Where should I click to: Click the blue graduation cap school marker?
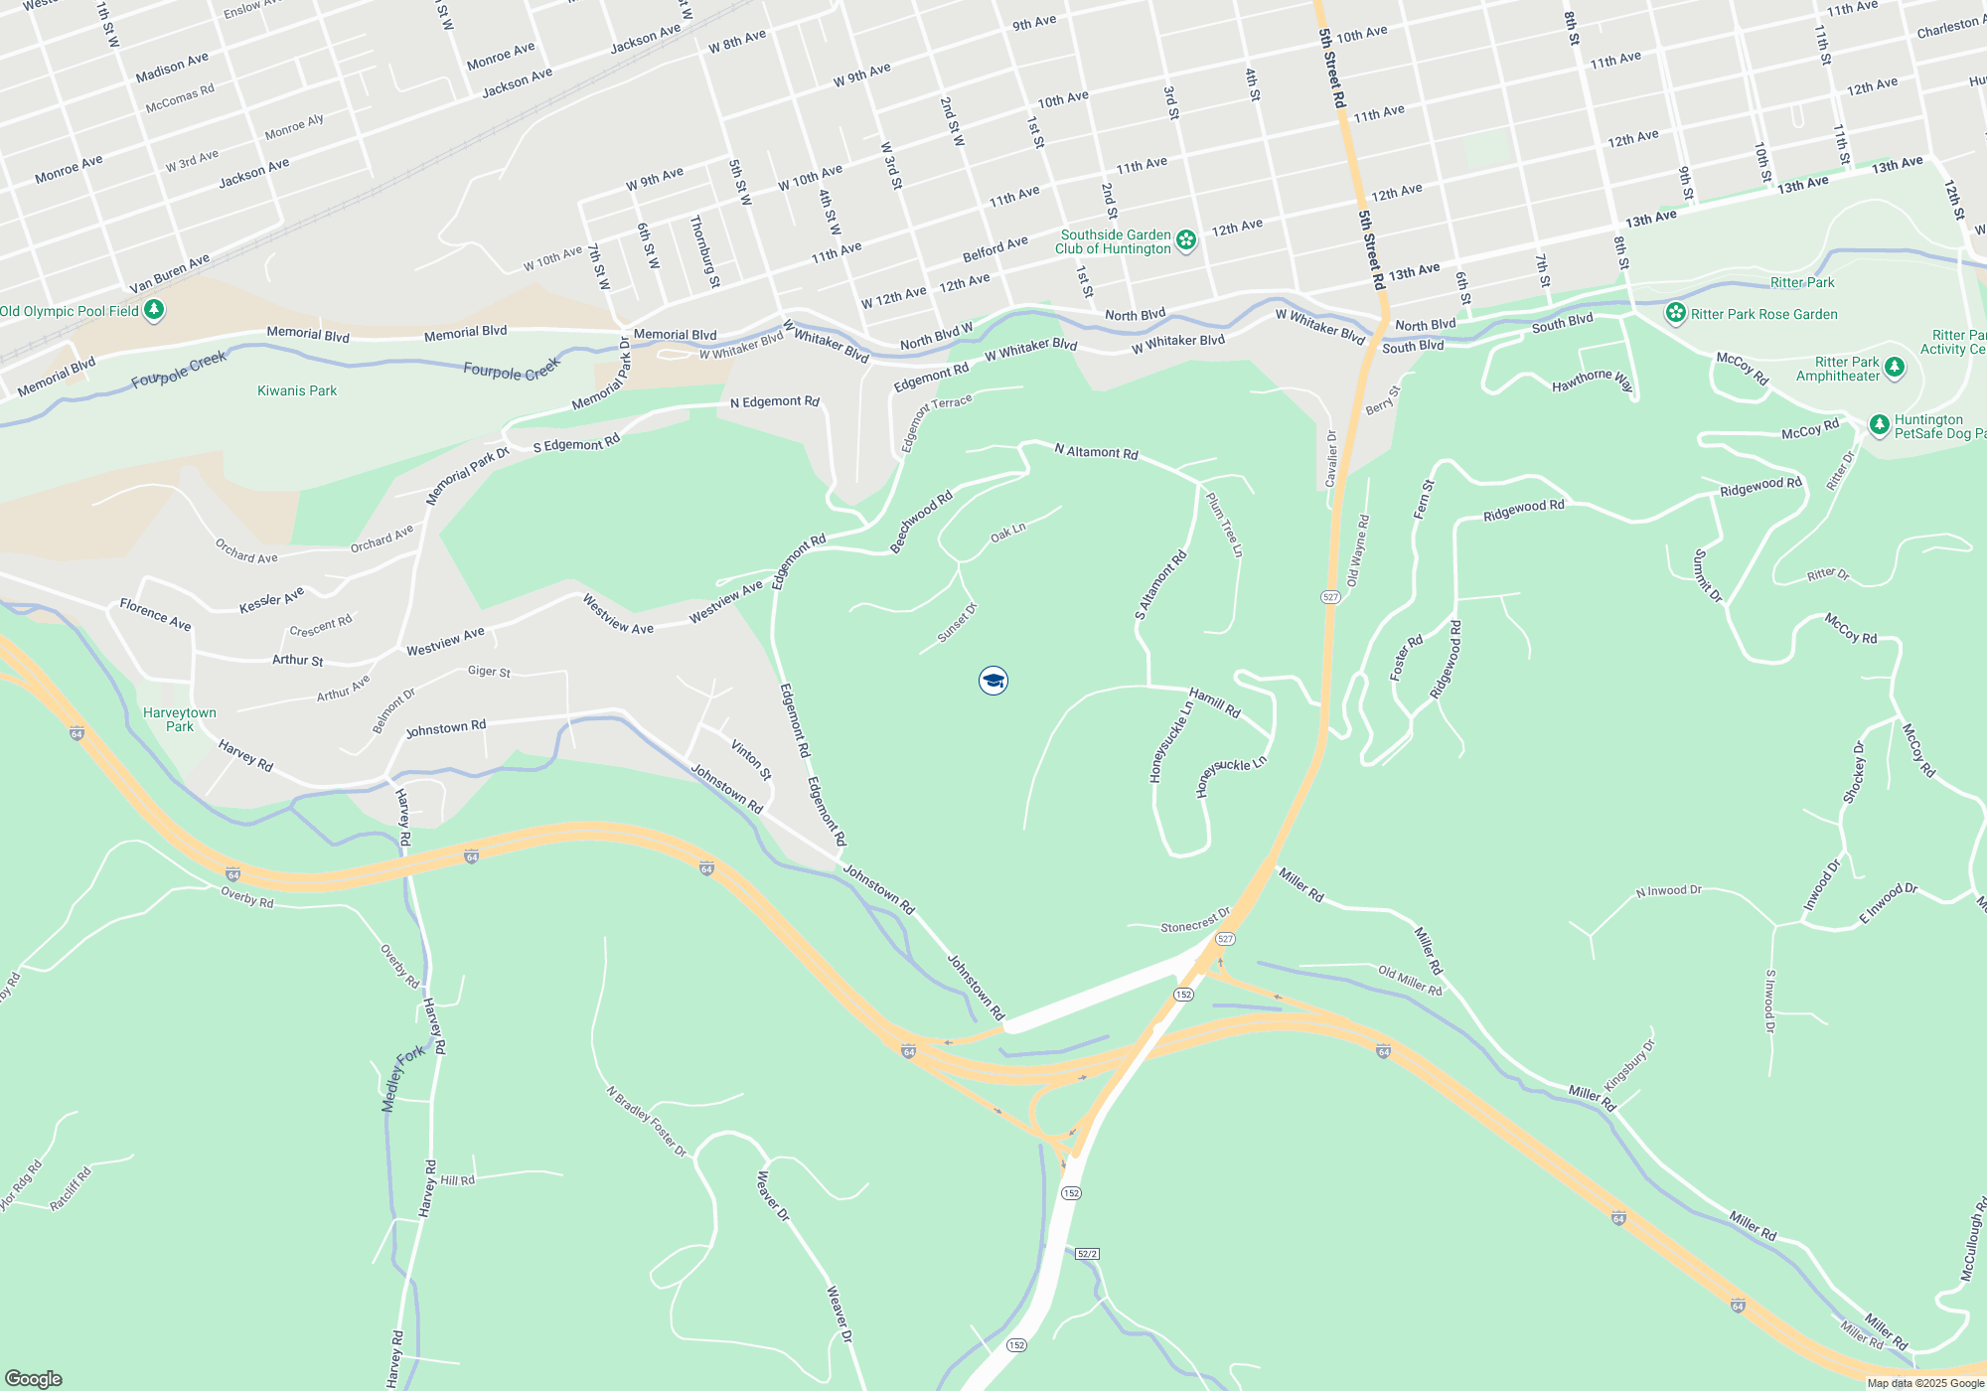point(993,681)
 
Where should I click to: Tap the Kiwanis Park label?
point(297,390)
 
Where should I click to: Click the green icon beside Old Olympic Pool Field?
point(154,311)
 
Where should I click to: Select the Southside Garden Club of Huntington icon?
point(1186,240)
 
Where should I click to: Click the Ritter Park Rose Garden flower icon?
point(1676,314)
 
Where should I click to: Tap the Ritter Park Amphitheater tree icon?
point(1895,369)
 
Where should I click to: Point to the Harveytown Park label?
point(180,719)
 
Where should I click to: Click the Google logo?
point(33,1378)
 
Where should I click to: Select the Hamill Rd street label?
point(1215,702)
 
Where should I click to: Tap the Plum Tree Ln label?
point(1224,524)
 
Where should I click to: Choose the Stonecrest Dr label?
point(1195,921)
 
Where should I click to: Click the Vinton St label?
point(751,759)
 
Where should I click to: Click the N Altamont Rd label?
point(1096,451)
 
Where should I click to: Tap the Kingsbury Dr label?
point(1630,1064)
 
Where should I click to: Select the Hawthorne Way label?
point(1593,380)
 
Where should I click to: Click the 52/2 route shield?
point(1087,1254)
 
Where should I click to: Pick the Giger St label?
point(489,672)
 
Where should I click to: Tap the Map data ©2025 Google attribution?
point(1925,1383)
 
